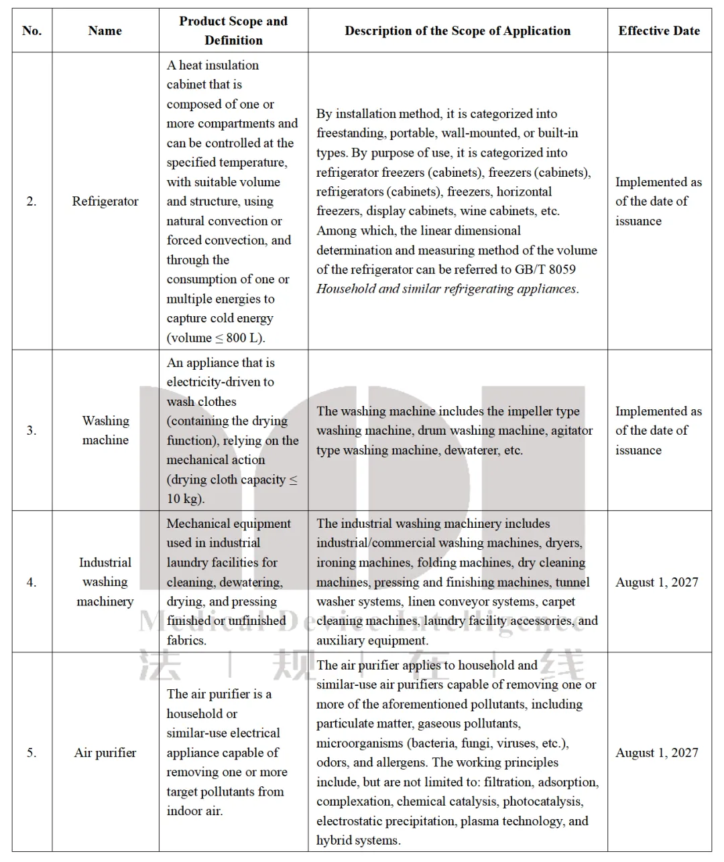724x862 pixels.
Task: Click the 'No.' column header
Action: [32, 31]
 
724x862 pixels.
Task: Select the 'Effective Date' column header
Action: [658, 31]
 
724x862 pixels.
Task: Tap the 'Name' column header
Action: [105, 31]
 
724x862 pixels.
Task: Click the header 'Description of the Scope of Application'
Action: [457, 31]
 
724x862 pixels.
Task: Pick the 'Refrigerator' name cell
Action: [105, 202]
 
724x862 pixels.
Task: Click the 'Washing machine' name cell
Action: [105, 430]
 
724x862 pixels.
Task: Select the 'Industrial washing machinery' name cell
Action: [105, 582]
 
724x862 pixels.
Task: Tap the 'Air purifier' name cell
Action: [105, 753]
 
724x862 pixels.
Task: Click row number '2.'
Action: [32, 202]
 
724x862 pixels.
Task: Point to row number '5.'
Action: [32, 753]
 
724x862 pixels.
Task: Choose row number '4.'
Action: [32, 582]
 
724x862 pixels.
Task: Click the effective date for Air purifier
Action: [657, 753]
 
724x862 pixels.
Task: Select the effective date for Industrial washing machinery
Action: [657, 582]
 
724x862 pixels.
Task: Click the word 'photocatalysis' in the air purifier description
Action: [542, 802]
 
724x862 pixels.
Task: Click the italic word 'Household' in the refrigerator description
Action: [345, 289]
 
